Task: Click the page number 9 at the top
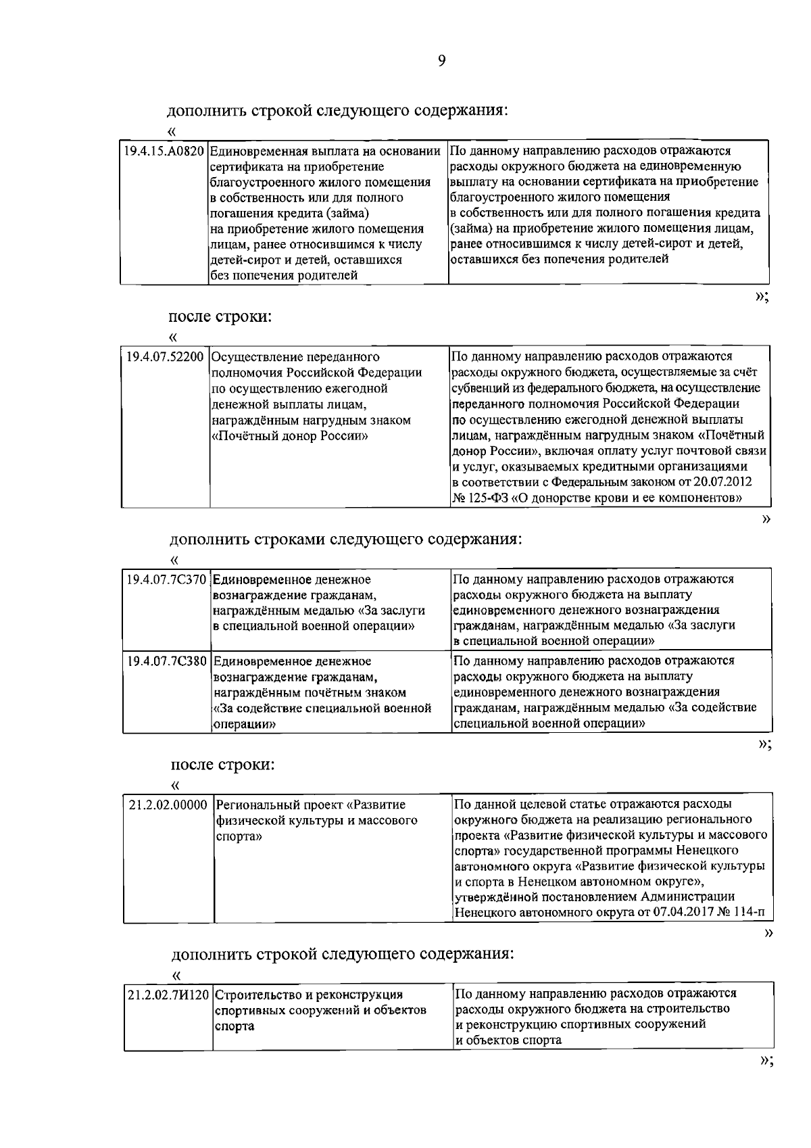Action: pyautogui.click(x=441, y=62)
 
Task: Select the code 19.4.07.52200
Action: pyautogui.click(x=166, y=356)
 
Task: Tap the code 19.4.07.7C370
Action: pyautogui.click(x=167, y=579)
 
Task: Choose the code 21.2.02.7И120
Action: pyautogui.click(x=169, y=995)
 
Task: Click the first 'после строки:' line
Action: pyautogui.click(x=220, y=316)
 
